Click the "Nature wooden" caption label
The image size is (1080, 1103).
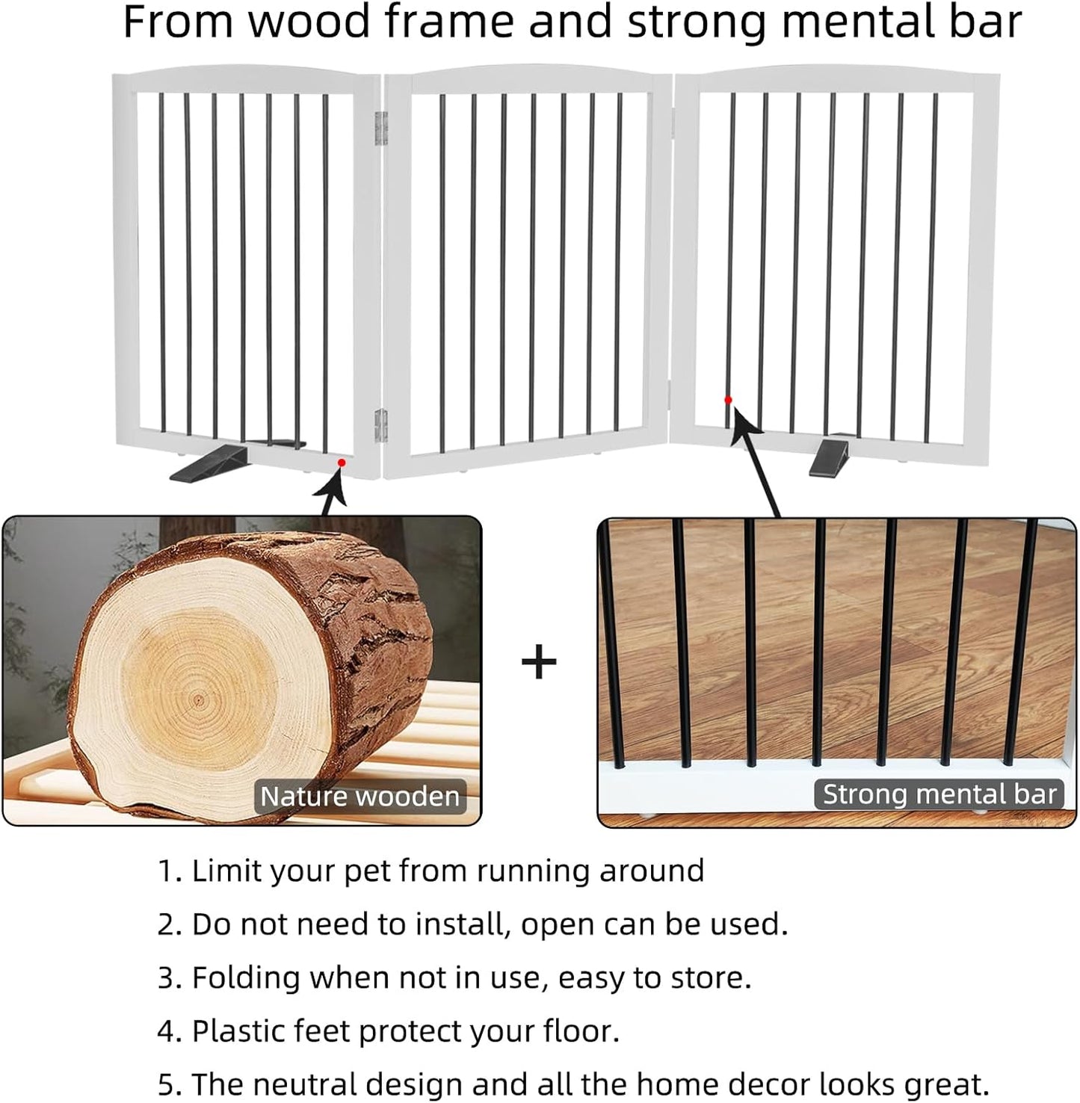[360, 797]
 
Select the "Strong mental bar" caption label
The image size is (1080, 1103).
[939, 794]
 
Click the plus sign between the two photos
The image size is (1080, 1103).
[539, 663]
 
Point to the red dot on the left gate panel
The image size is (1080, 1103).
[341, 463]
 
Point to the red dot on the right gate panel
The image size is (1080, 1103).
[728, 401]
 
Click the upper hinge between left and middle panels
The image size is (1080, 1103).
[381, 128]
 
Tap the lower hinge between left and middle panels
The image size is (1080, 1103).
[381, 424]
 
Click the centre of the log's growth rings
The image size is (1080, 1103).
[198, 701]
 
